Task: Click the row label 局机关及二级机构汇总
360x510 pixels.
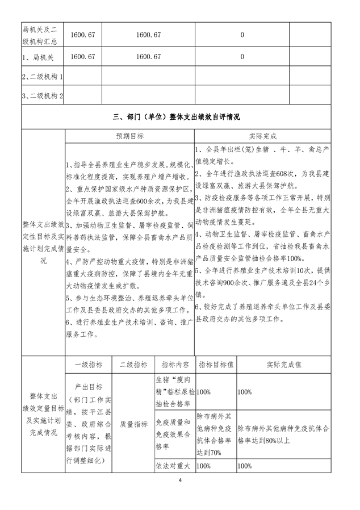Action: [x=42, y=35]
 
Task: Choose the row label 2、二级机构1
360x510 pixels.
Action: [x=42, y=76]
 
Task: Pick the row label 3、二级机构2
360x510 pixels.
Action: [x=42, y=96]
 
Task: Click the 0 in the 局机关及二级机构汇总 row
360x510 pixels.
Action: [x=242, y=35]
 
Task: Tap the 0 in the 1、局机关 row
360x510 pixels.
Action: [x=242, y=56]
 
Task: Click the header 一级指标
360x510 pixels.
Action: [x=89, y=365]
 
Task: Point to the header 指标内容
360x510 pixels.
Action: [x=174, y=365]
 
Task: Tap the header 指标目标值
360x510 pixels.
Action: [x=216, y=365]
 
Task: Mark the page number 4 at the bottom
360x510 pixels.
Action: [x=179, y=482]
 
